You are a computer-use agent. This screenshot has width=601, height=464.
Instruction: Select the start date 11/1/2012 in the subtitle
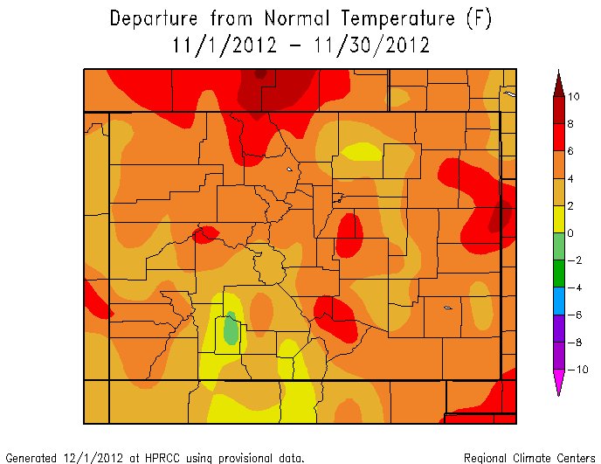218,45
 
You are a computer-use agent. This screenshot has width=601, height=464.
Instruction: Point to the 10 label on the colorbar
573,97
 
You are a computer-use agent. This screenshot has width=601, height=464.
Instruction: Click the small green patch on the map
231,330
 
